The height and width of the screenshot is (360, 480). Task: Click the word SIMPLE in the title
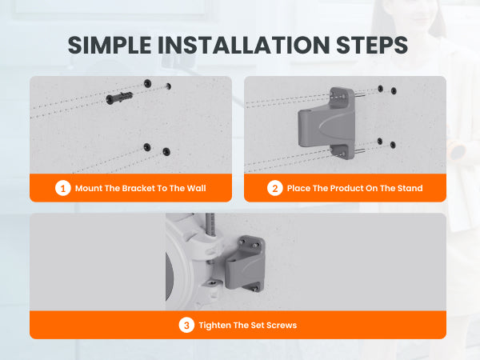point(110,46)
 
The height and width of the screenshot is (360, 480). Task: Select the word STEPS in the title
point(372,46)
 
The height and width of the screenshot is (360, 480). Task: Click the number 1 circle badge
point(63,188)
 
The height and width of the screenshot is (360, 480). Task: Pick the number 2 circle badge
point(275,188)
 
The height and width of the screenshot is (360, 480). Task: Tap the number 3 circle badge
point(186,325)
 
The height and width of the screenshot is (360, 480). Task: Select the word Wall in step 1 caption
point(196,188)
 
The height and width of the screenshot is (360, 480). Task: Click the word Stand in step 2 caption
point(410,188)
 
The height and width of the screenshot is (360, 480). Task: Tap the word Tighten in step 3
point(214,325)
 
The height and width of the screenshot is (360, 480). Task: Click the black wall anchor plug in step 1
point(119,98)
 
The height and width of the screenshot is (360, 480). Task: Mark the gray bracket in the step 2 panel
point(327,123)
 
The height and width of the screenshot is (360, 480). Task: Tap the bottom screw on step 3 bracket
point(254,288)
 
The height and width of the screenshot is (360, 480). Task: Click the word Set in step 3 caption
point(258,325)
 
